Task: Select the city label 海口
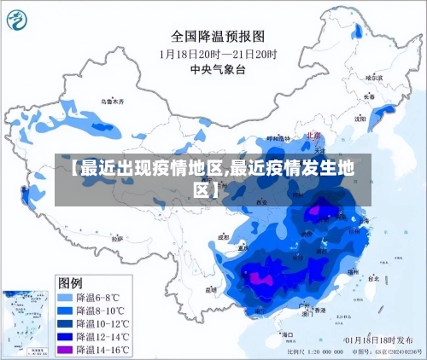pos(287,327)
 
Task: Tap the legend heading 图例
pos(70,282)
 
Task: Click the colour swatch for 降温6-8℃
pos(64,297)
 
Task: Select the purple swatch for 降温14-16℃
pos(64,350)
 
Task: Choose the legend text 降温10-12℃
pos(102,323)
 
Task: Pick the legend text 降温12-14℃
pos(102,337)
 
